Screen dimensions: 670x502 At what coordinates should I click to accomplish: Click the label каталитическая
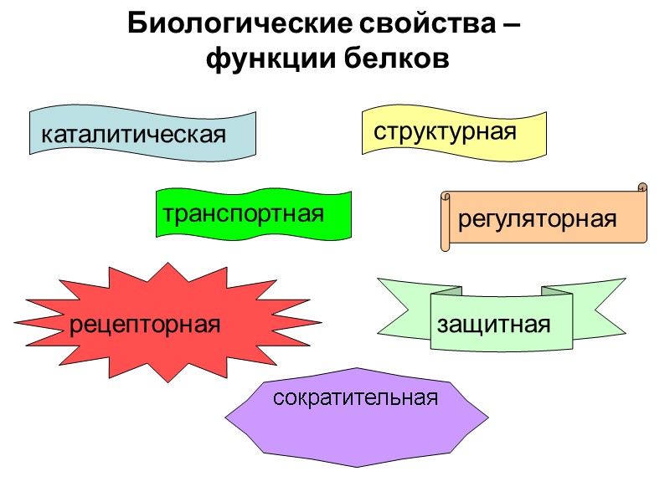[x=135, y=134]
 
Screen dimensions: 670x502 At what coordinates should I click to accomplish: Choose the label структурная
[x=445, y=131]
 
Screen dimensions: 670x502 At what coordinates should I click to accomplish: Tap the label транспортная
[x=244, y=213]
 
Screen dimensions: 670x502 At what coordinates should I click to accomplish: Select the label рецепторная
[x=145, y=324]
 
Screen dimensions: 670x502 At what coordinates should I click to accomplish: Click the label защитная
[x=493, y=324]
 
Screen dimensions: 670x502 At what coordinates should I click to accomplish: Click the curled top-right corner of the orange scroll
[x=642, y=187]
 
